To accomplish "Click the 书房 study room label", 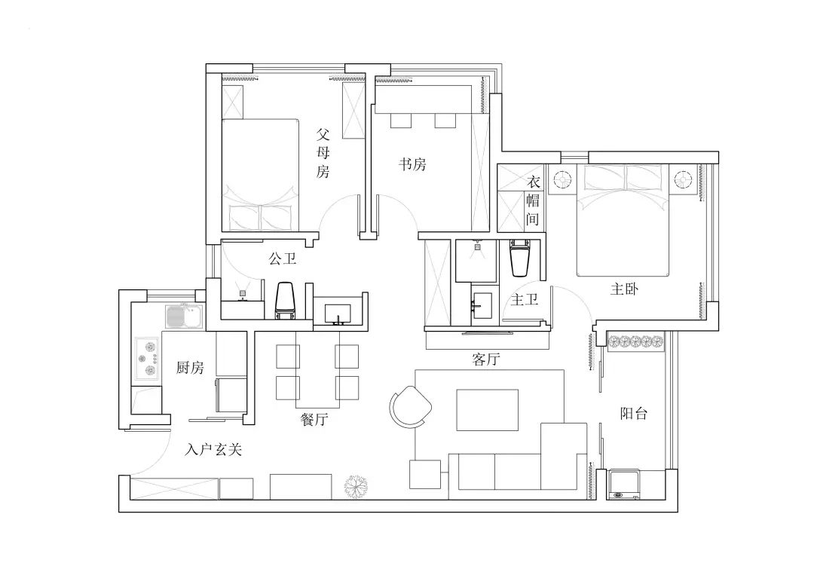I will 412,164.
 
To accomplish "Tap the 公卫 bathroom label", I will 282,259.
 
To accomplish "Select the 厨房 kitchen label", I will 190,368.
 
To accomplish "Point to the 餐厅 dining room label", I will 314,420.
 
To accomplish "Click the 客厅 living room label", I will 486,359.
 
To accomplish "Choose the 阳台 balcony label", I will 633,413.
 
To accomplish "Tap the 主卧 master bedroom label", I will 624,289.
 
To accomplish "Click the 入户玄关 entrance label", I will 213,450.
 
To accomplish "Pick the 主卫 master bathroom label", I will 525,299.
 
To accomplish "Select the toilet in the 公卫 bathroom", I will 284,300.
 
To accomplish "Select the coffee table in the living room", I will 487,409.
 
